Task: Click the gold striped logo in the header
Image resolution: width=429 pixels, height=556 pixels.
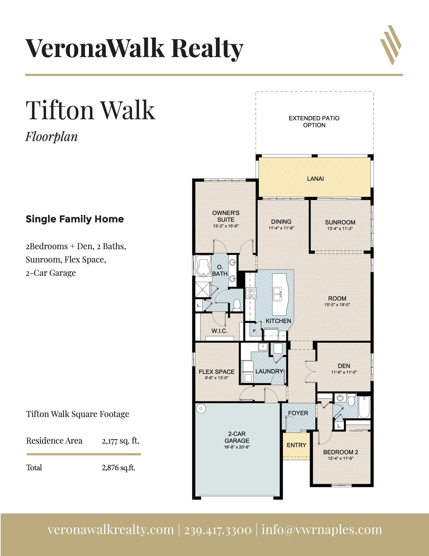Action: pos(391,45)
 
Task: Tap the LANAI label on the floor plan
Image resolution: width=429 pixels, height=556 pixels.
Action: pos(315,179)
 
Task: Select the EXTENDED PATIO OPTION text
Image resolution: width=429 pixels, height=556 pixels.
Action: pos(314,122)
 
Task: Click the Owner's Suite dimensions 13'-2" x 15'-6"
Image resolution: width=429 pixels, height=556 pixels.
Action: pos(226,226)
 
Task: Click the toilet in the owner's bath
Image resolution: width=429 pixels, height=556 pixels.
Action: pos(237,305)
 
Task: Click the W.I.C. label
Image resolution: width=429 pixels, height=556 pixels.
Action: pos(219,331)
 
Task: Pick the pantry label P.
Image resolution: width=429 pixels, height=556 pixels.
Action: pos(255,331)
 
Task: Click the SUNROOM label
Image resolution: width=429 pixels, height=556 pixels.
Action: pos(340,222)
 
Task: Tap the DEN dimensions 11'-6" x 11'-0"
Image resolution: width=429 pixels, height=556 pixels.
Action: pos(344,372)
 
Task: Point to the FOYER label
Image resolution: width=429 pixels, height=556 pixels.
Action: pos(298,413)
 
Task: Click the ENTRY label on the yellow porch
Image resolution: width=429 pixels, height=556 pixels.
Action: pos(296,445)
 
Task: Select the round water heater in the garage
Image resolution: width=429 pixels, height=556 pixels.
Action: pos(201,408)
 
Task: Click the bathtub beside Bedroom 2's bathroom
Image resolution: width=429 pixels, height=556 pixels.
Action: pos(364,407)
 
